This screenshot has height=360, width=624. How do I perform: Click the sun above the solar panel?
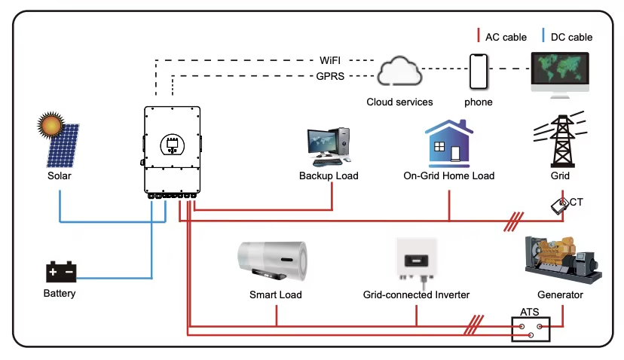[x=51, y=124]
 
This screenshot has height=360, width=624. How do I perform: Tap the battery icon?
[x=60, y=271]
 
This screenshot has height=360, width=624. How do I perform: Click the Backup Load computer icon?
[x=329, y=147]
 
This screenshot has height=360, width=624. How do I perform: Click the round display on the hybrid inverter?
[x=172, y=145]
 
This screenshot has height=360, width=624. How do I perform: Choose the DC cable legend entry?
[x=567, y=36]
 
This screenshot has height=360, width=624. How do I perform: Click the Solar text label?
[x=60, y=176]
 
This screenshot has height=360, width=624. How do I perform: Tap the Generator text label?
[x=560, y=295]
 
